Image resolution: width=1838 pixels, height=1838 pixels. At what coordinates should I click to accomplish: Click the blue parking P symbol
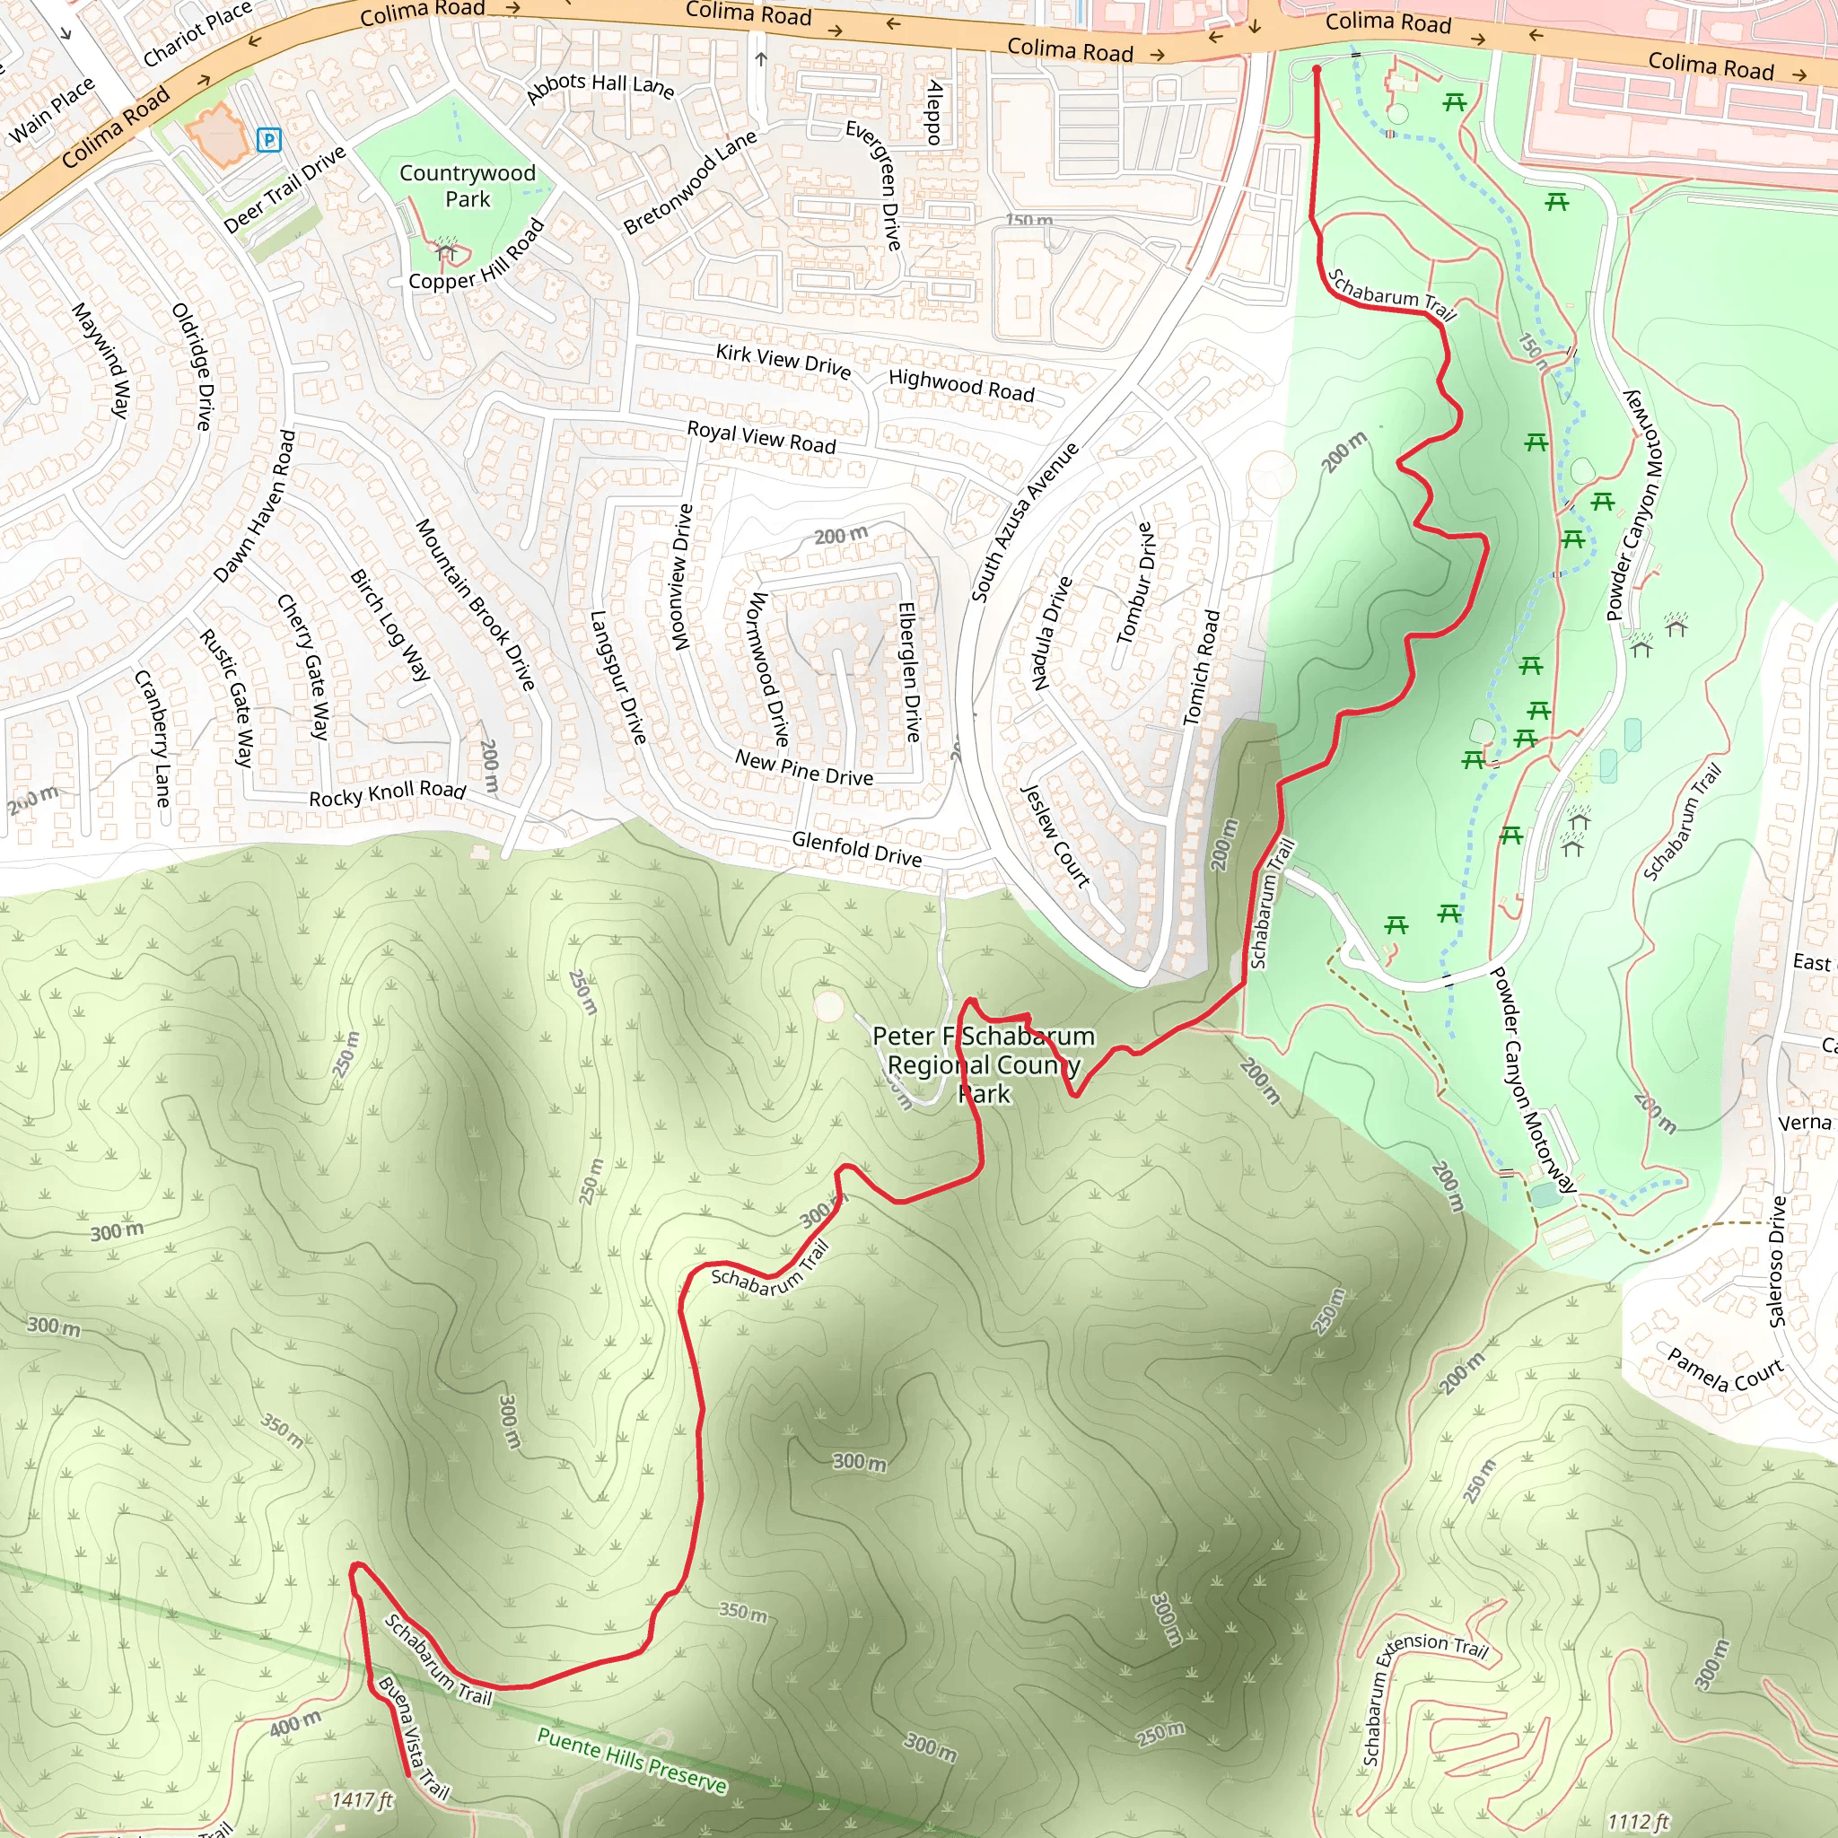269,141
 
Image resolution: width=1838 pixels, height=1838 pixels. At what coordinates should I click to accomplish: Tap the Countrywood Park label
467,186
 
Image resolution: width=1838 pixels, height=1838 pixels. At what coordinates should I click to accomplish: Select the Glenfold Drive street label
856,847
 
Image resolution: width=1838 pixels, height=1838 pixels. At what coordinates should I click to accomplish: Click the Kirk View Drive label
783,361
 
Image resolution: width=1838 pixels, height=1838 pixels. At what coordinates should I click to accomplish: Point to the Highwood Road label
961,384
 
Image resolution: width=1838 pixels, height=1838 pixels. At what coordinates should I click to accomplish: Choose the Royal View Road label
761,437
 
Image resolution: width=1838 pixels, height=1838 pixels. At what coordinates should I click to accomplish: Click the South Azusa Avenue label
1025,522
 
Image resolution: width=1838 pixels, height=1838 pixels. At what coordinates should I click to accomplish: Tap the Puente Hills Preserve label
632,1760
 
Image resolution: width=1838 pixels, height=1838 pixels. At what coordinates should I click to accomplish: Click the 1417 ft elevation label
362,1800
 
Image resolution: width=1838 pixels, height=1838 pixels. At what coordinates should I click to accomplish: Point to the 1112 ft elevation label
1638,1822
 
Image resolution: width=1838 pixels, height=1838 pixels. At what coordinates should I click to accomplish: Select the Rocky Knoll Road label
387,793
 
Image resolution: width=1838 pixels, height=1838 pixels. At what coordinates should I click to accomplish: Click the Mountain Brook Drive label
475,604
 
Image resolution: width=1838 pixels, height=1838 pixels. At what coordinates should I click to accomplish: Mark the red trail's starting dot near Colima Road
1317,69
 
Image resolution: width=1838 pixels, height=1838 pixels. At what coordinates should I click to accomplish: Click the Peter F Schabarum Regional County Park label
984,1064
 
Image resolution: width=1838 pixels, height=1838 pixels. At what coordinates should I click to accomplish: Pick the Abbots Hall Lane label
600,85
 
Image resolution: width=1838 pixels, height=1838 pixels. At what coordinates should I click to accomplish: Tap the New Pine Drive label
804,767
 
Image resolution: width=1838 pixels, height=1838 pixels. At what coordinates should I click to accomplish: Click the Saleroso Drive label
1776,1262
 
